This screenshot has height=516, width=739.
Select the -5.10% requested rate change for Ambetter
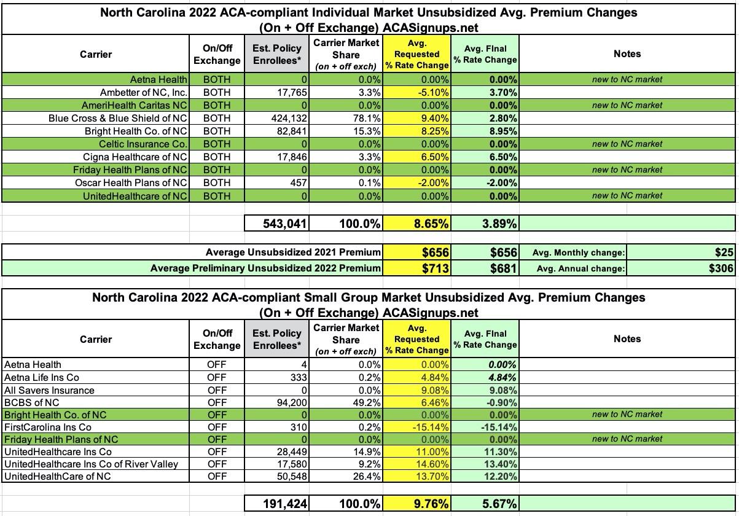coord(433,92)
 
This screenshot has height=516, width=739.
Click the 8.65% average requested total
coord(429,224)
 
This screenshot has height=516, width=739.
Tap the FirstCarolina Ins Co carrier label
coord(48,427)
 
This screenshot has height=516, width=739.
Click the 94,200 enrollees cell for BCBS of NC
coord(288,402)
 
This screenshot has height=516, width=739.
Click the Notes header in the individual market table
coord(627,54)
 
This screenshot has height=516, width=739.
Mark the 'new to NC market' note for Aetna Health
coord(627,79)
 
